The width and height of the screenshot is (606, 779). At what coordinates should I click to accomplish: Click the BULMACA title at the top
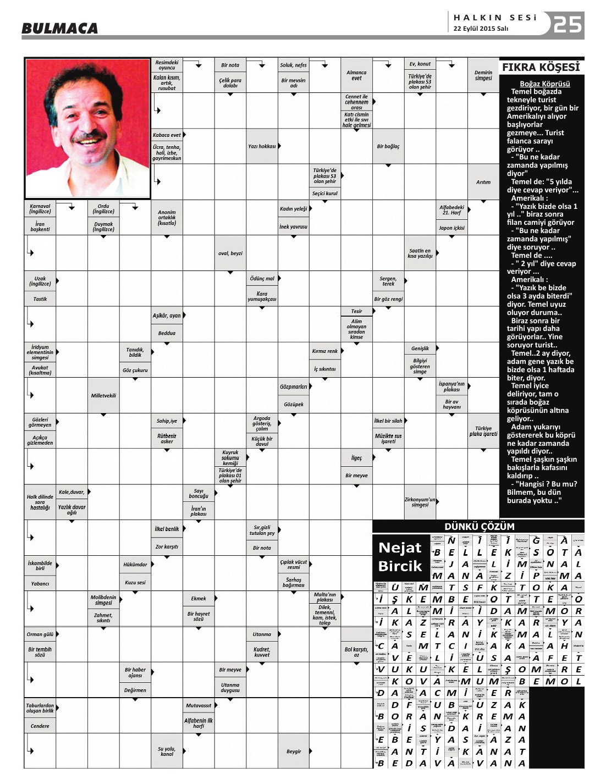(60, 28)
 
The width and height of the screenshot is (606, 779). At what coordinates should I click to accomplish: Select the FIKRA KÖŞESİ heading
(541, 68)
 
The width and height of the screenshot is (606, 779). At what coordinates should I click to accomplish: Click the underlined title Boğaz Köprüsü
(544, 84)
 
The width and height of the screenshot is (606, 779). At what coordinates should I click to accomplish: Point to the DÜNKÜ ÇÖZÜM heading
(479, 526)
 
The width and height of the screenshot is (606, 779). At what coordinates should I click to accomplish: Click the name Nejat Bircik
(400, 556)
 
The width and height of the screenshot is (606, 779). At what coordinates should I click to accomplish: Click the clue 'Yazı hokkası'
(262, 146)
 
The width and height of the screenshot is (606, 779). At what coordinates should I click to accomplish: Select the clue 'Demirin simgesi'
(483, 75)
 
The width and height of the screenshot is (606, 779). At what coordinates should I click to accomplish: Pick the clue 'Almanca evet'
(356, 75)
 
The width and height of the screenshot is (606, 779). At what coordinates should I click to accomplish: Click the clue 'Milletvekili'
(103, 395)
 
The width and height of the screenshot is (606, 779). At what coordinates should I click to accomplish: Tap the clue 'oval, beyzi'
(230, 253)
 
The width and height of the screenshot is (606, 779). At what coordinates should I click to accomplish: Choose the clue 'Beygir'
(294, 751)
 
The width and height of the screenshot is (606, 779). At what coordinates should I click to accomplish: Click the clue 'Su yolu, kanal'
(167, 751)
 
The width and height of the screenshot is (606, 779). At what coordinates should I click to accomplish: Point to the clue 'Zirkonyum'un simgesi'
(420, 502)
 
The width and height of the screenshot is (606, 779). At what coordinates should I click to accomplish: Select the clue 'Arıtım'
(483, 182)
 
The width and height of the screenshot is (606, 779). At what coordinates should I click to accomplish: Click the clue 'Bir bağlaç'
(388, 146)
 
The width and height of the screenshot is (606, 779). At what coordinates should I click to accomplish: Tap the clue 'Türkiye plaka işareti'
(483, 431)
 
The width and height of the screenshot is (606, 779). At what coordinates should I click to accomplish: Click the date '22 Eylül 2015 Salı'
(480, 29)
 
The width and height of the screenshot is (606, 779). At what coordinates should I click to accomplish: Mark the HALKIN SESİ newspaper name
(494, 18)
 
